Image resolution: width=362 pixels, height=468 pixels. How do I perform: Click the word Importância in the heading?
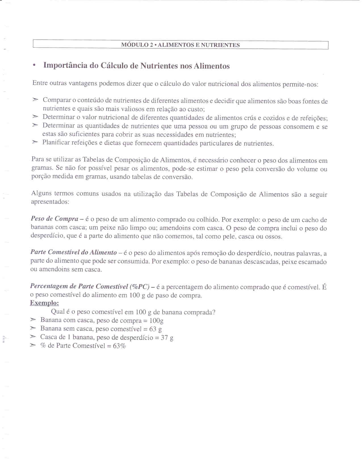coord(65,65)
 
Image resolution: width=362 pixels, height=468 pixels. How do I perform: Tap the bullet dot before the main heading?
coord(34,66)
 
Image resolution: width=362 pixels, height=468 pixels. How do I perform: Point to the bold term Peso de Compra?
coord(55,219)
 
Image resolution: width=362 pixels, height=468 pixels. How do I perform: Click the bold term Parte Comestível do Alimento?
coord(74,252)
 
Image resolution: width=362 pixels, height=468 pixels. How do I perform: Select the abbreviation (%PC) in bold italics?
coord(139,286)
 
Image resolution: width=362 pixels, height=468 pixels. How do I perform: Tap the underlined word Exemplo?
coord(44,303)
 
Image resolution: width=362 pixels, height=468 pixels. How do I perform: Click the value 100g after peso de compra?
coord(156,321)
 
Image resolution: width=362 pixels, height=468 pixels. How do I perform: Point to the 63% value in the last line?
coord(119,346)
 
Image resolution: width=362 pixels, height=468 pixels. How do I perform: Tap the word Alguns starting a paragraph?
coord(41,193)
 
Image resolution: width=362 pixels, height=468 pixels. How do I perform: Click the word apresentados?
coord(50,202)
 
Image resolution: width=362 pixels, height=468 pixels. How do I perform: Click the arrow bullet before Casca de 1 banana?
coord(33,337)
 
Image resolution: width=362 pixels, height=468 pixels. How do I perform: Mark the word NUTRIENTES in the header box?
coord(220,45)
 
